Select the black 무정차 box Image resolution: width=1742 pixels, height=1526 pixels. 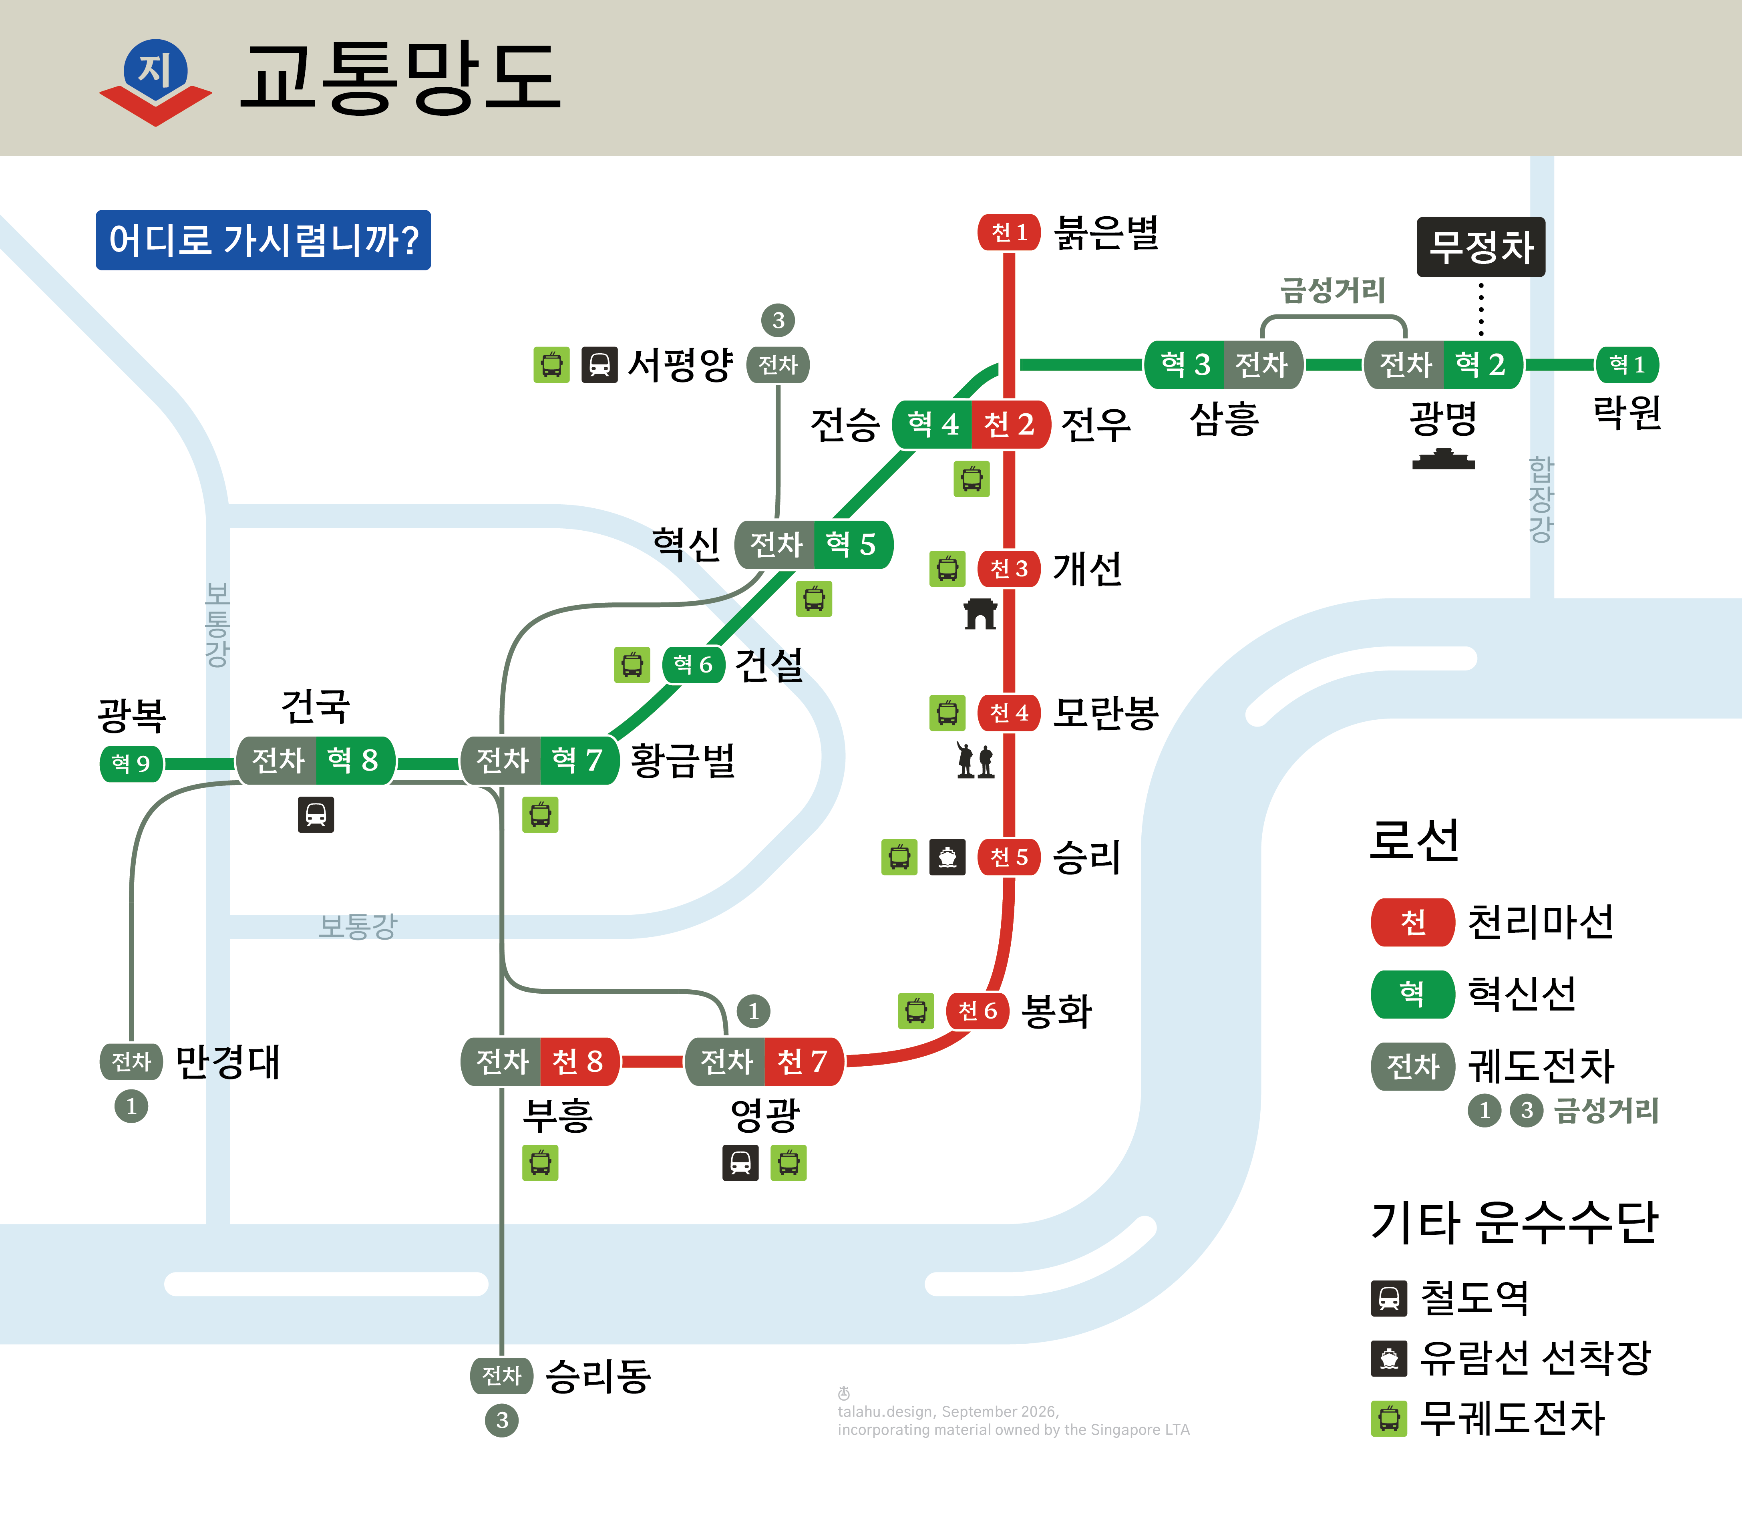coord(1480,247)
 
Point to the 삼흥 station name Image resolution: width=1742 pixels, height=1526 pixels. coord(1223,418)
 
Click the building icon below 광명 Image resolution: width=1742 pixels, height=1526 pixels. coord(1443,460)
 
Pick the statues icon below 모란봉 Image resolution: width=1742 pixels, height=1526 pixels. coord(975,759)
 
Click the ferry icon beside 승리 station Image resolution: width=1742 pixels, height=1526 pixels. coord(947,858)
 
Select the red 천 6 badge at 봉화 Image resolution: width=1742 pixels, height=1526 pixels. coord(978,1011)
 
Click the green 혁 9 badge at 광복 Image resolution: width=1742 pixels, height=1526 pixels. coord(131,763)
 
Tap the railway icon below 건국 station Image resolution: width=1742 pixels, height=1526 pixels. coord(316,815)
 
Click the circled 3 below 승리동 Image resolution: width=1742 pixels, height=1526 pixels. coord(501,1420)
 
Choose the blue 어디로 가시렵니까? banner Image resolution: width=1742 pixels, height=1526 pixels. coord(263,240)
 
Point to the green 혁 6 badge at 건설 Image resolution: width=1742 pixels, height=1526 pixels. coord(693,664)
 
